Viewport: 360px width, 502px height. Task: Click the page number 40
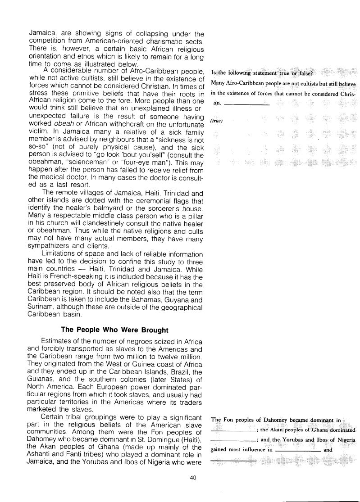193,478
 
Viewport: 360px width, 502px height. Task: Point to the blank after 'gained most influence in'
297,450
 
